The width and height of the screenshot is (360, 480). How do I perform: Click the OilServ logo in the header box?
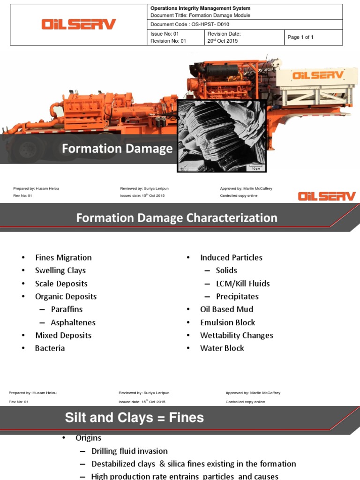tap(78, 24)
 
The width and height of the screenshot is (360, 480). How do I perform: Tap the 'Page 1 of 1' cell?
tap(300, 37)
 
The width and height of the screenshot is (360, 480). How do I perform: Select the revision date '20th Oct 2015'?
tap(223, 41)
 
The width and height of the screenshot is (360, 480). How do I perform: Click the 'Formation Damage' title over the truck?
tap(117, 149)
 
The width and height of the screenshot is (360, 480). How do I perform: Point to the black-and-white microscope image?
tap(221, 135)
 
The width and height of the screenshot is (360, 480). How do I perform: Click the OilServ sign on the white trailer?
tap(318, 75)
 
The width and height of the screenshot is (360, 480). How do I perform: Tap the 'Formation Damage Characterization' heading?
tap(177, 218)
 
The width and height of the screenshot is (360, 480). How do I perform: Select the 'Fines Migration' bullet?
tap(63, 257)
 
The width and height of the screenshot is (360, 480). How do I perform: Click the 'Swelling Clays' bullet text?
tap(60, 270)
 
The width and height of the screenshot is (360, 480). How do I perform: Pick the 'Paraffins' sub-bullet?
tap(67, 309)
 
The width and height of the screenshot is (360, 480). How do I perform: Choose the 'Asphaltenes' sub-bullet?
tap(73, 322)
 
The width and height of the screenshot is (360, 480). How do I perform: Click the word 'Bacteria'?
tap(50, 348)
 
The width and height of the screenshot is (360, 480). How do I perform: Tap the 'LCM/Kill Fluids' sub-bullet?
tap(242, 284)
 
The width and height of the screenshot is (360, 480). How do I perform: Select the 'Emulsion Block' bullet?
tap(227, 322)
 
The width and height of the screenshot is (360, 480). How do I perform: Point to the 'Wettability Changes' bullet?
tap(236, 335)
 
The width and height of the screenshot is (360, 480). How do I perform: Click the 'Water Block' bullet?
tap(222, 348)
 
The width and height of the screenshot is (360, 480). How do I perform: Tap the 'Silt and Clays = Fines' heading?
tap(135, 418)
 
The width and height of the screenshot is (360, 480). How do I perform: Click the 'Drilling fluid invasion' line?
tap(129, 451)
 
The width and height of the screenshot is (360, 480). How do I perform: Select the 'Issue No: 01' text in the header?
tap(165, 34)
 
